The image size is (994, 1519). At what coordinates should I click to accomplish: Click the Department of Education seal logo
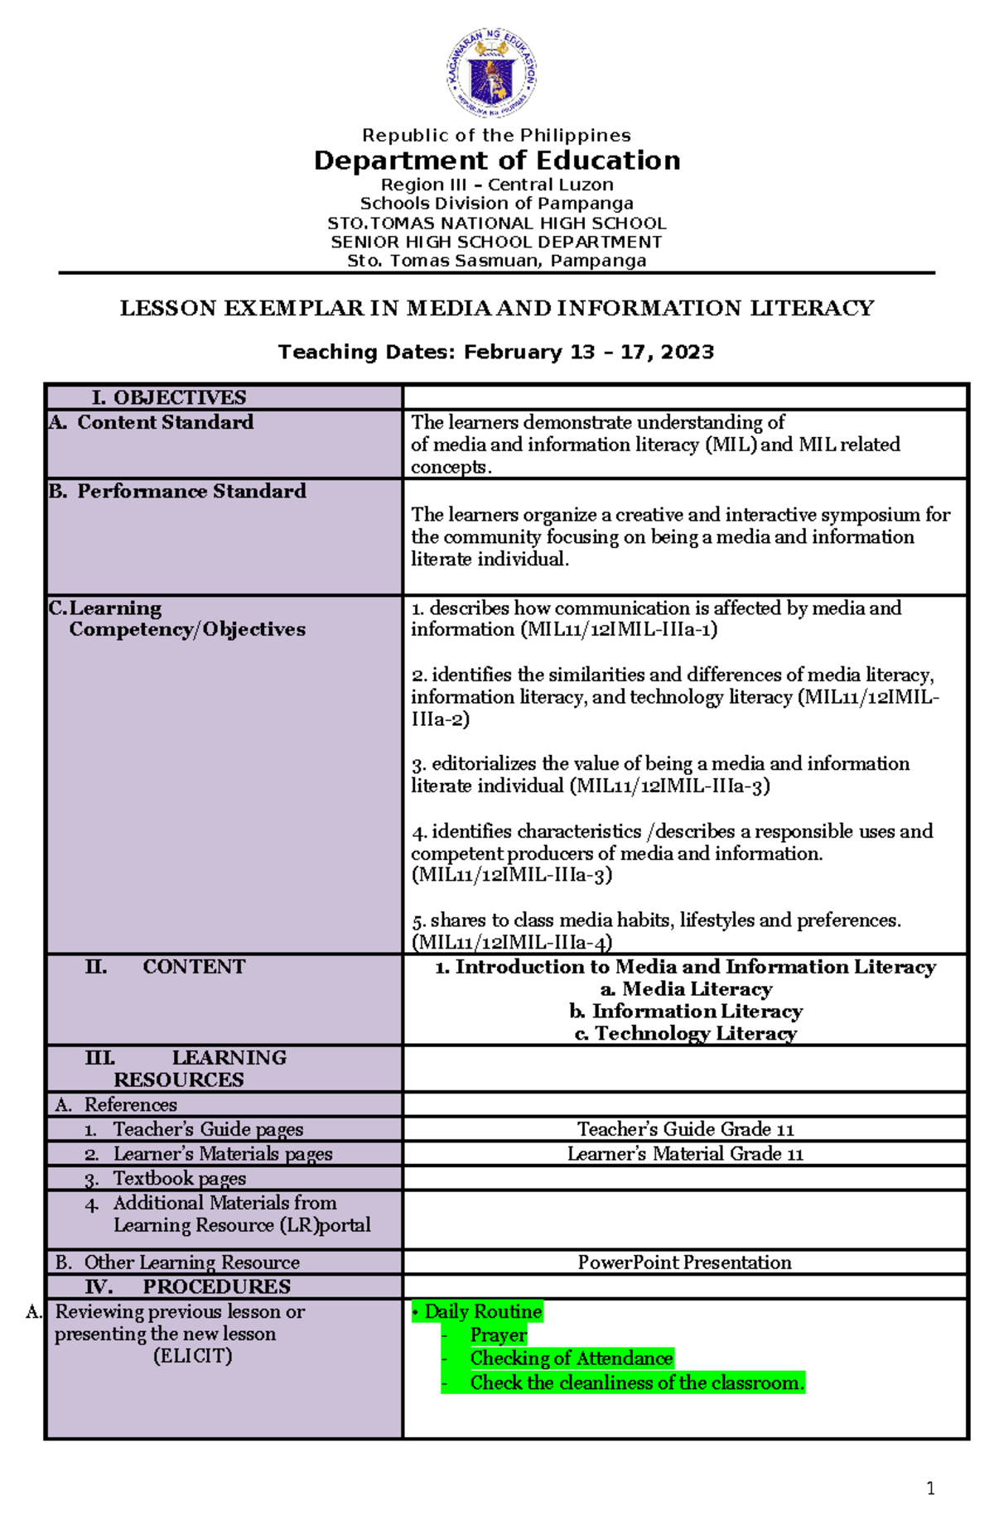[x=492, y=73]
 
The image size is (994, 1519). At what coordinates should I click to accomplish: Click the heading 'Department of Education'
[x=497, y=161]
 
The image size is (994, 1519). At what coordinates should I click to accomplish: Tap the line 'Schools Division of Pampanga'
[x=497, y=204]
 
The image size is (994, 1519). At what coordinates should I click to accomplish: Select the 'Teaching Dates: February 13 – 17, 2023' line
[x=496, y=353]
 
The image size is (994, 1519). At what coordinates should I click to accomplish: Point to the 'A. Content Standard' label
[x=151, y=422]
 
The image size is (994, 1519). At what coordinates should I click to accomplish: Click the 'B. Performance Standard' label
[x=177, y=492]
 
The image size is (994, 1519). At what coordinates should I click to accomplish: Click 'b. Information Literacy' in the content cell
[x=686, y=1012]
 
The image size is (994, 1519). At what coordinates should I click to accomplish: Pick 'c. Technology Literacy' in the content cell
[x=686, y=1034]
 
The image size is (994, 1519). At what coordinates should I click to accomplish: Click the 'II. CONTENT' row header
[x=166, y=967]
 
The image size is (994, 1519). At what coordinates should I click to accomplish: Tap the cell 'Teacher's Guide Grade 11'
[x=685, y=1130]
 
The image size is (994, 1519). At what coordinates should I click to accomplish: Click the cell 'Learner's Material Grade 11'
[x=685, y=1154]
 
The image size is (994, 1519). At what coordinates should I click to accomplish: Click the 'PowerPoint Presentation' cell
[x=684, y=1263]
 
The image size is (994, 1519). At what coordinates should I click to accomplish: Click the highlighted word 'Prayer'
[x=498, y=1335]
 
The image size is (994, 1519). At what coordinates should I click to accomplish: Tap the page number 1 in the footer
[x=930, y=1489]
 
